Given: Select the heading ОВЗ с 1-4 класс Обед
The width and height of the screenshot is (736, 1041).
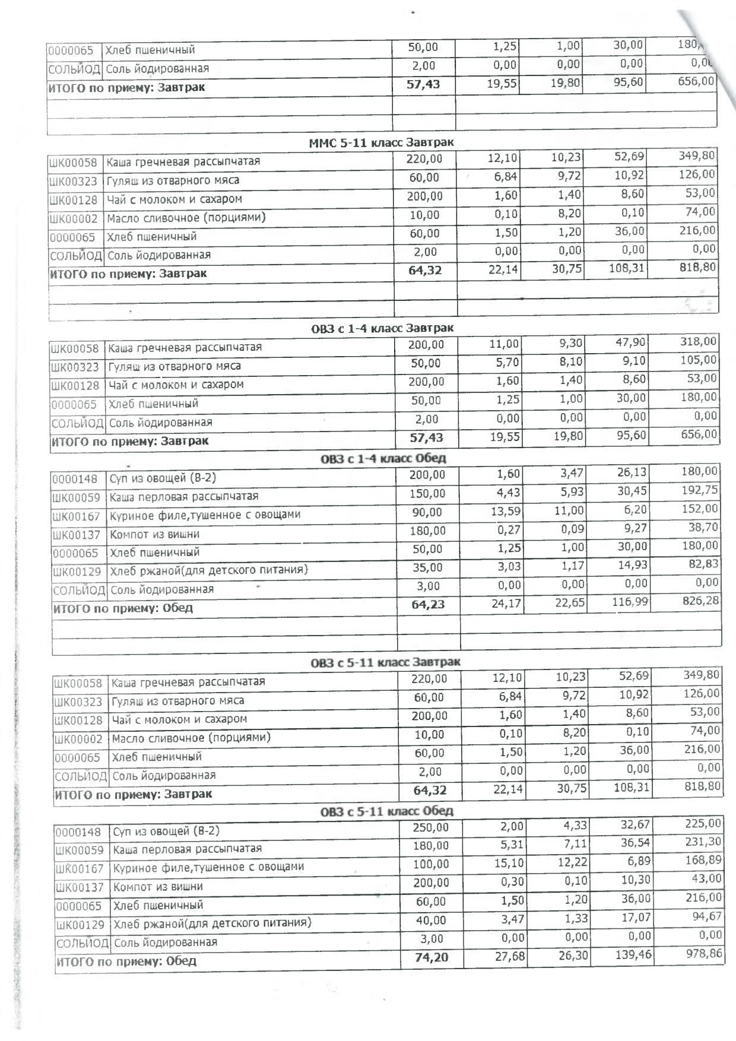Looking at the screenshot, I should coord(383,458).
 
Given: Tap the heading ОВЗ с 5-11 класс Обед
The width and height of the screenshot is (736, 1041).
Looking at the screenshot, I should coord(386,811).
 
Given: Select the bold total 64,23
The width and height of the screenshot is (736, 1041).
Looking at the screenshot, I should coord(428,605).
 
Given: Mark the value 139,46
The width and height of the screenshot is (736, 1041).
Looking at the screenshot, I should coord(637,955).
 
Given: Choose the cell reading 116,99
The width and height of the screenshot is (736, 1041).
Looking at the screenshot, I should coord(633,602).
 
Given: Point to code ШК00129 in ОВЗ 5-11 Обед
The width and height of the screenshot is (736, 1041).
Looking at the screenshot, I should coord(80,925).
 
